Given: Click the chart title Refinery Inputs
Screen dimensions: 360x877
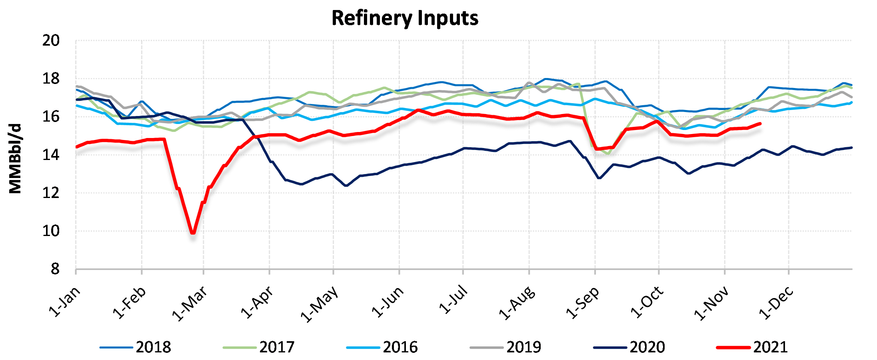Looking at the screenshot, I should [405, 18].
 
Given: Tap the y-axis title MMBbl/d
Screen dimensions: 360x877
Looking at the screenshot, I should [15, 159].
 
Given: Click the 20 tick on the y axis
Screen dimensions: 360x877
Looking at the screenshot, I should [51, 40].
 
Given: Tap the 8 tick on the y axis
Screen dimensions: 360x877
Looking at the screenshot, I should [55, 269].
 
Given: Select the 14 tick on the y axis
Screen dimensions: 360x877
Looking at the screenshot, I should [51, 155].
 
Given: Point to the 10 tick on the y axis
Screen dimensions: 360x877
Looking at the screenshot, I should [51, 231].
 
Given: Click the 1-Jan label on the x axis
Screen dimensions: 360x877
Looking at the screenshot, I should [64, 302].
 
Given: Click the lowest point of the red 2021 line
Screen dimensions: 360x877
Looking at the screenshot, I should [193, 232].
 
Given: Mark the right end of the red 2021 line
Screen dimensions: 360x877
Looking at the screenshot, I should [760, 124].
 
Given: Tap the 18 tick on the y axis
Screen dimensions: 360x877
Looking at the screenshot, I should [51, 79].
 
